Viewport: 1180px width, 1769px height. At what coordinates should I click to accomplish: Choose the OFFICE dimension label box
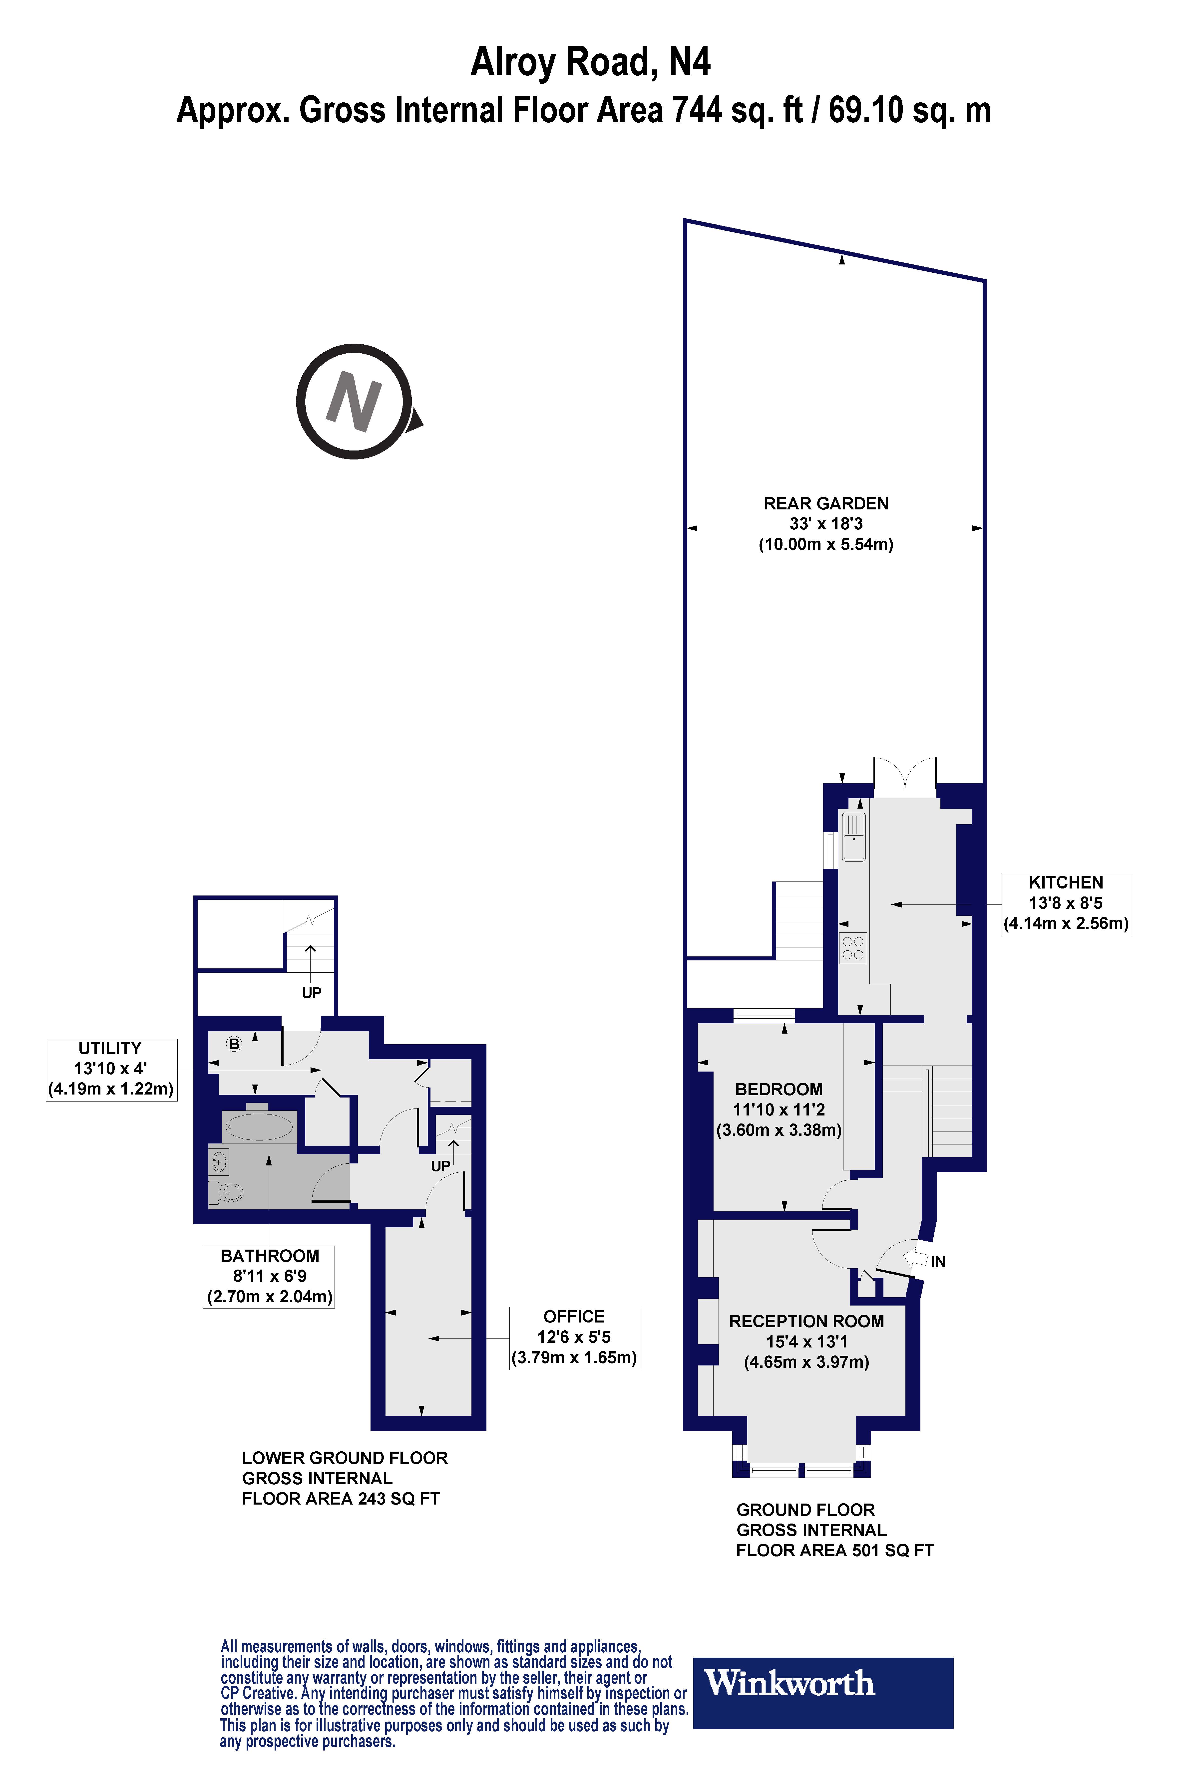pyautogui.click(x=574, y=1337)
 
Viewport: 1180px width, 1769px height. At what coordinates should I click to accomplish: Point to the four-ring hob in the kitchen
pyautogui.click(x=853, y=948)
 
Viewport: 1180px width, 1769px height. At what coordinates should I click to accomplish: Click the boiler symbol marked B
pyautogui.click(x=234, y=1044)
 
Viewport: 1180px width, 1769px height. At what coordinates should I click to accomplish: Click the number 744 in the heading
pyautogui.click(x=699, y=110)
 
